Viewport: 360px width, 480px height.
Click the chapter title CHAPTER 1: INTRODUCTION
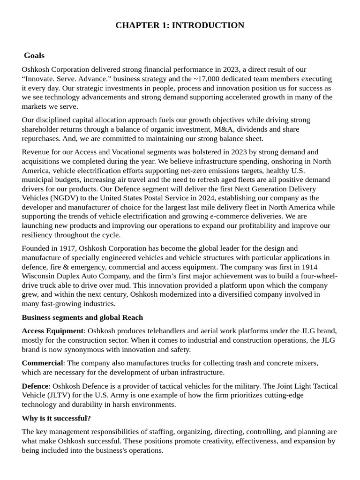[180, 25]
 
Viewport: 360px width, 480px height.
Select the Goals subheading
[34, 56]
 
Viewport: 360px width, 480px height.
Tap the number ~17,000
[210, 79]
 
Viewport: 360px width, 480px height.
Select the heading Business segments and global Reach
[82, 317]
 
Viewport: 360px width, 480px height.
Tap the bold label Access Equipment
[52, 331]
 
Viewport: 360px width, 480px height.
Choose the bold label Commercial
[42, 363]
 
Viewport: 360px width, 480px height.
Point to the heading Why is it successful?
[56, 418]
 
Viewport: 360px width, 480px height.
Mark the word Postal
[128, 198]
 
